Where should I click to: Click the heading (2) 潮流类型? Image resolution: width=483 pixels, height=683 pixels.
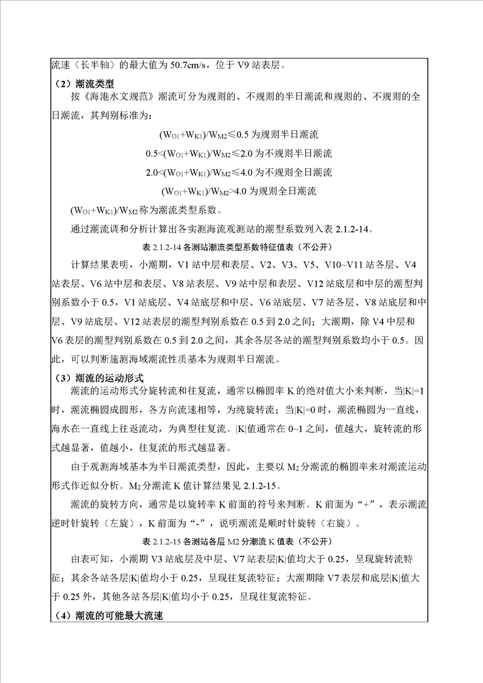pyautogui.click(x=83, y=83)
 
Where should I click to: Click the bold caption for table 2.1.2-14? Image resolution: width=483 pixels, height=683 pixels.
pyautogui.click(x=242, y=248)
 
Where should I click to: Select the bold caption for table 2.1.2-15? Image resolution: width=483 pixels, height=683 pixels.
pyautogui.click(x=242, y=541)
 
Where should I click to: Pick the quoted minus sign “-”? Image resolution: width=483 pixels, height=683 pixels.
pyautogui.click(x=183, y=522)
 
